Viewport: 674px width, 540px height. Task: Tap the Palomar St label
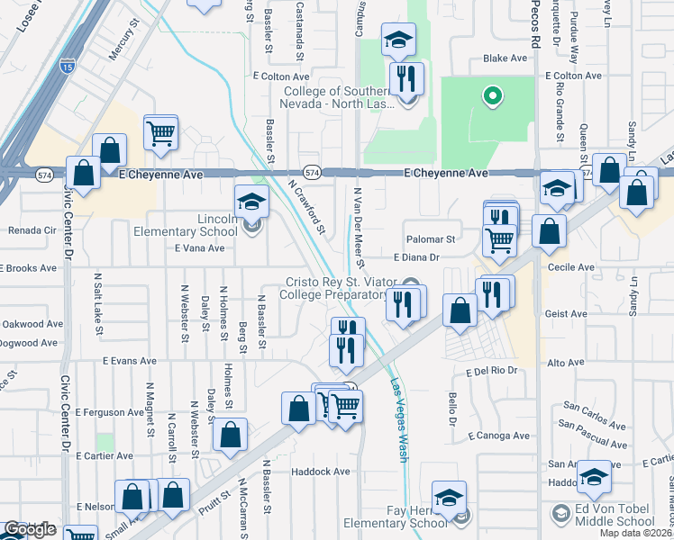pyautogui.click(x=432, y=240)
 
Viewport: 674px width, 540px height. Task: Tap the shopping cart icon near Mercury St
pyautogui.click(x=160, y=133)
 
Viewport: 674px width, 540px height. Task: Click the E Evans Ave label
pyautogui.click(x=129, y=361)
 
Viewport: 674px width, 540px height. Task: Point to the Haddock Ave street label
pyautogui.click(x=320, y=471)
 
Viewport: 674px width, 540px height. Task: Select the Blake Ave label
pyautogui.click(x=505, y=58)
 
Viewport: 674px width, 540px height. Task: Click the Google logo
pyautogui.click(x=30, y=530)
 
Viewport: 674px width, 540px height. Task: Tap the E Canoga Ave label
pyautogui.click(x=498, y=436)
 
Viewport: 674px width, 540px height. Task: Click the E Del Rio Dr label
pyautogui.click(x=495, y=371)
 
